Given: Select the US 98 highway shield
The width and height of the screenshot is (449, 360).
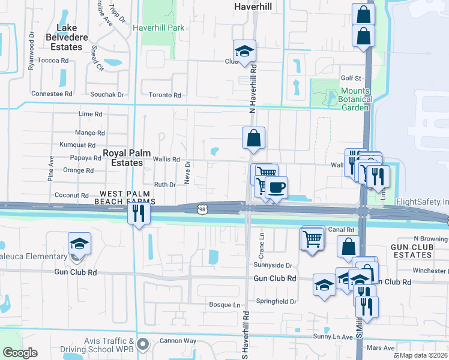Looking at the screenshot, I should point(203,207).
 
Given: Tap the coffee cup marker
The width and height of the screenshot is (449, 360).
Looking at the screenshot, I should point(276,187).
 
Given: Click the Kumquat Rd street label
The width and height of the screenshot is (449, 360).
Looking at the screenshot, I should point(78,145).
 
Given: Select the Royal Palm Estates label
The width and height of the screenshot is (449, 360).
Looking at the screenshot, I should point(123,158).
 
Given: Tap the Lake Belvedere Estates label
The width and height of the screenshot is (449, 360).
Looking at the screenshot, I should point(70,37).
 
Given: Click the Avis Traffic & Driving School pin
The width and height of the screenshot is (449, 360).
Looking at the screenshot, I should point(142,344).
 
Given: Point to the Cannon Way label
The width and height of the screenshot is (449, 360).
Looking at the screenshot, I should point(178,341).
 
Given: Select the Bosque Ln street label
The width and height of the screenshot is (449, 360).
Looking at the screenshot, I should point(224,305).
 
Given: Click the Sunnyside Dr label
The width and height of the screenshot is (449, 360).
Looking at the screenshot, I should point(273,265).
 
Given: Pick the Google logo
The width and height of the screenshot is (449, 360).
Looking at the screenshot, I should point(20,353).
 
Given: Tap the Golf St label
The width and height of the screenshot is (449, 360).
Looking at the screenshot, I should point(351,78).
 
